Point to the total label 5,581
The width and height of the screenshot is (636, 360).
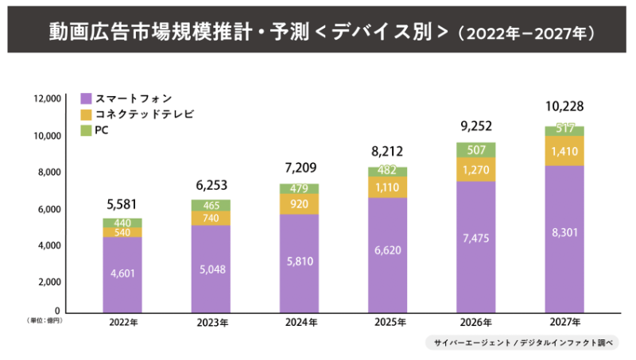tap(122, 202)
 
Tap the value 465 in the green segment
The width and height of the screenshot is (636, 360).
tap(211, 205)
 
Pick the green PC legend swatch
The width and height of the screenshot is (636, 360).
tap(86, 130)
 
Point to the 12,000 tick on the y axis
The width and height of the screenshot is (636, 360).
tap(47, 99)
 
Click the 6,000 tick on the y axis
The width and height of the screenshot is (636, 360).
tap(49, 209)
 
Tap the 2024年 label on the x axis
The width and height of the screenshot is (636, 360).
tap(300, 323)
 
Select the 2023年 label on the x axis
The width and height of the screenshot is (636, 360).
tap(211, 323)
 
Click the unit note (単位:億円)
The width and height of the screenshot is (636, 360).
tap(43, 320)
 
